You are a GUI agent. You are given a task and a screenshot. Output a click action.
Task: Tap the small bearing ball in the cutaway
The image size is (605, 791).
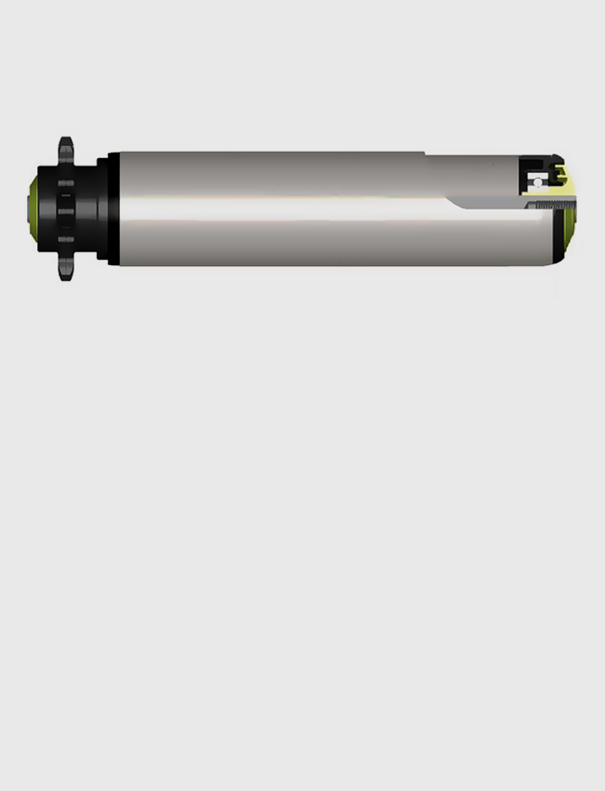tap(538, 182)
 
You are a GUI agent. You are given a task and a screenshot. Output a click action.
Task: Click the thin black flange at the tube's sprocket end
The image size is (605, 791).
tap(114, 208)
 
